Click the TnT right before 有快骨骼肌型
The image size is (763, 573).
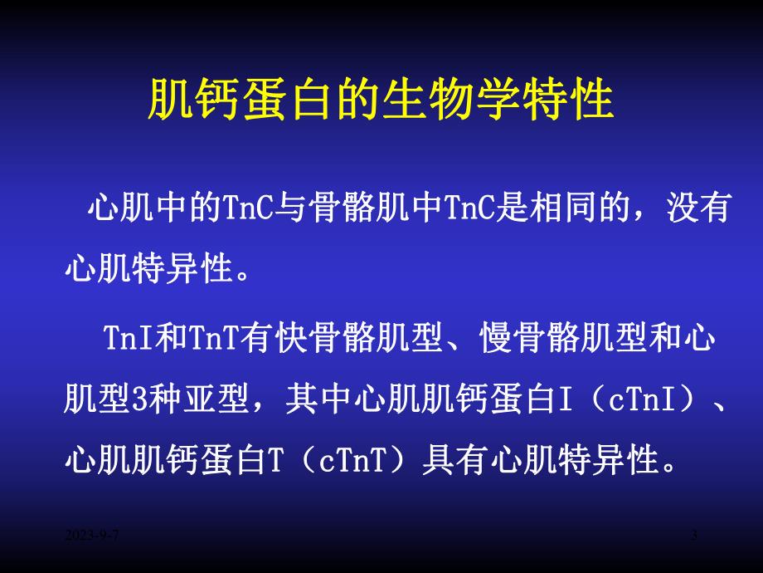point(215,339)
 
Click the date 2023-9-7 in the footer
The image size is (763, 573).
point(93,538)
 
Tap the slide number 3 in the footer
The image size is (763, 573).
point(694,538)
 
